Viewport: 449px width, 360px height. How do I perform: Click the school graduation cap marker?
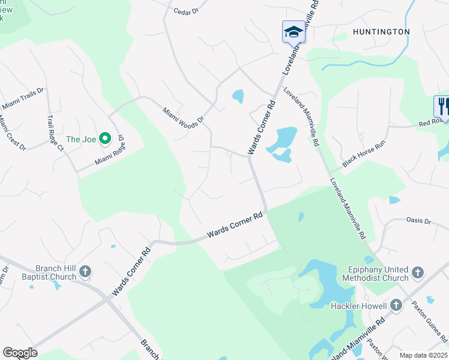click(294, 32)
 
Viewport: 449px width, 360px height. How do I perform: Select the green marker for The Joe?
click(105, 139)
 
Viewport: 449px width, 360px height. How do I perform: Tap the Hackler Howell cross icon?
click(396, 306)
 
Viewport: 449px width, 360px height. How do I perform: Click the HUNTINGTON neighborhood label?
click(382, 32)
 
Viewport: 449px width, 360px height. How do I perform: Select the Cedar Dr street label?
click(185, 11)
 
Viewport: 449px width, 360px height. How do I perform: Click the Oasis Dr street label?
click(419, 221)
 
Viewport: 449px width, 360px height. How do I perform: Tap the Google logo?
click(20, 353)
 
